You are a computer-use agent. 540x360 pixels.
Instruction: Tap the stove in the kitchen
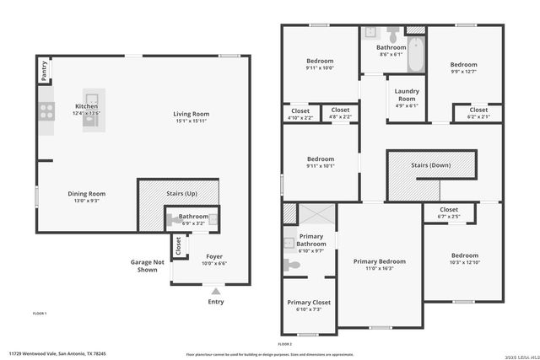click(x=45, y=110)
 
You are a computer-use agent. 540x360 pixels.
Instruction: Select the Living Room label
click(x=192, y=114)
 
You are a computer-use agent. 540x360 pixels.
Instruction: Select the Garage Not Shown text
click(x=146, y=266)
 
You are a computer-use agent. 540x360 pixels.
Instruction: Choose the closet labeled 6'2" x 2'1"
click(x=478, y=113)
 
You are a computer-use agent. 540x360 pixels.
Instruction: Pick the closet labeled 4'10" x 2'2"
click(x=300, y=114)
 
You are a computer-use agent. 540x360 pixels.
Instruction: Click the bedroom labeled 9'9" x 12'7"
click(x=463, y=68)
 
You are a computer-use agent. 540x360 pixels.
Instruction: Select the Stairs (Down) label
click(x=430, y=165)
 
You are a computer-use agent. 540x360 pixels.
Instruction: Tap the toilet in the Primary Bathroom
click(x=292, y=265)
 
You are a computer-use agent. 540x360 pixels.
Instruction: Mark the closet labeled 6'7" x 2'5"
click(x=449, y=212)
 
